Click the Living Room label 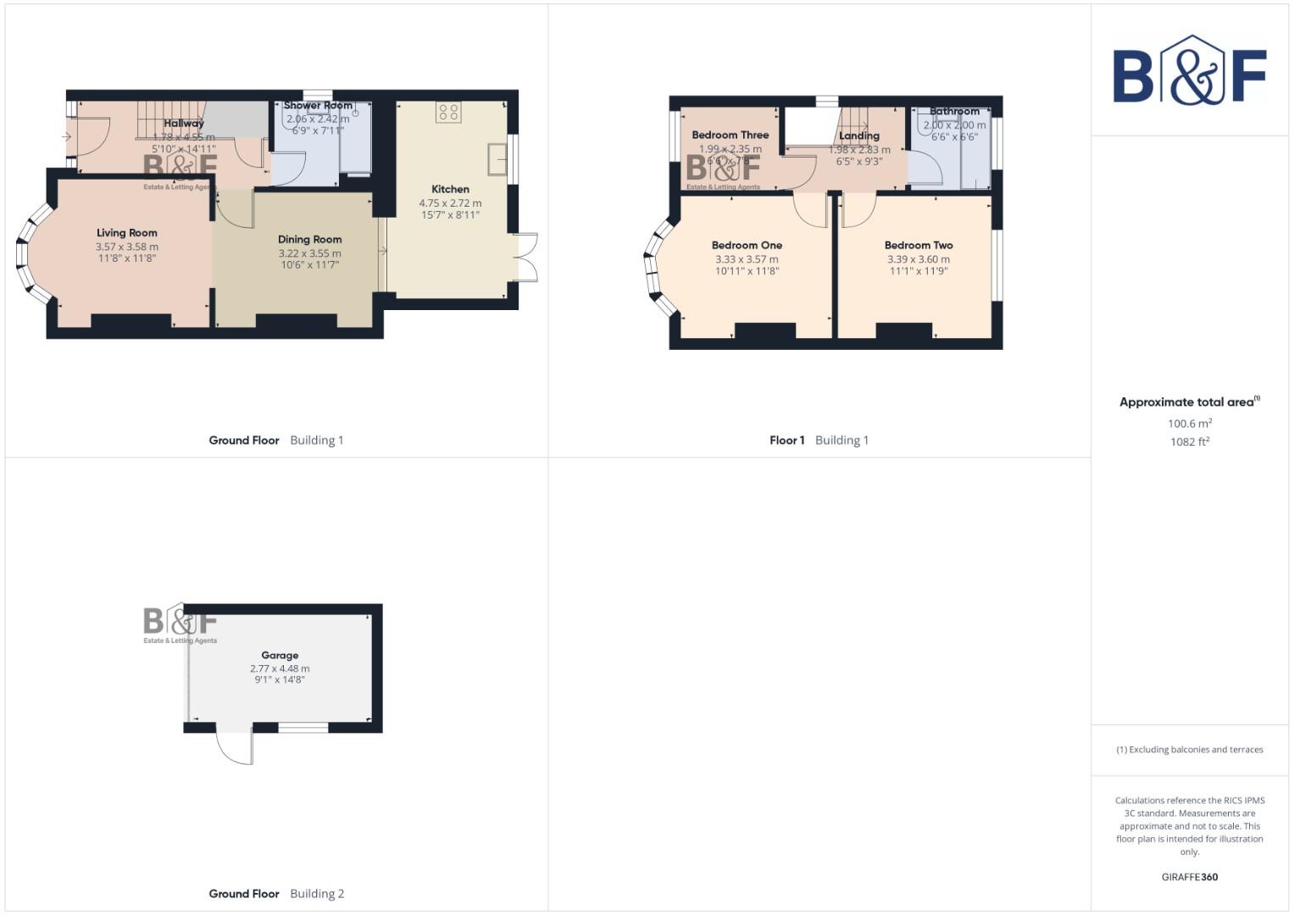coord(126,233)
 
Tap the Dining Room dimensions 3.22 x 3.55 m coord(309,253)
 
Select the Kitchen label coord(450,190)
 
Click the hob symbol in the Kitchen coord(449,113)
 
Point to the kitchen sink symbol coord(497,158)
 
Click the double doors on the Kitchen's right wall coord(527,257)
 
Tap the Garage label coord(280,656)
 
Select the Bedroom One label coord(747,246)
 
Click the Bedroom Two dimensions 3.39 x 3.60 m coord(919,259)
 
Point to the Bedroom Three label coord(730,135)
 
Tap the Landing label coord(859,136)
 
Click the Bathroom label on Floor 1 coord(954,112)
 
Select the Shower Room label coord(318,106)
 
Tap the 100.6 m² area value coord(1189,424)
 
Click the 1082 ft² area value coord(1189,441)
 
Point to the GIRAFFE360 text coord(1189,877)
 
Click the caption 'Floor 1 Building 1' coord(819,441)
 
